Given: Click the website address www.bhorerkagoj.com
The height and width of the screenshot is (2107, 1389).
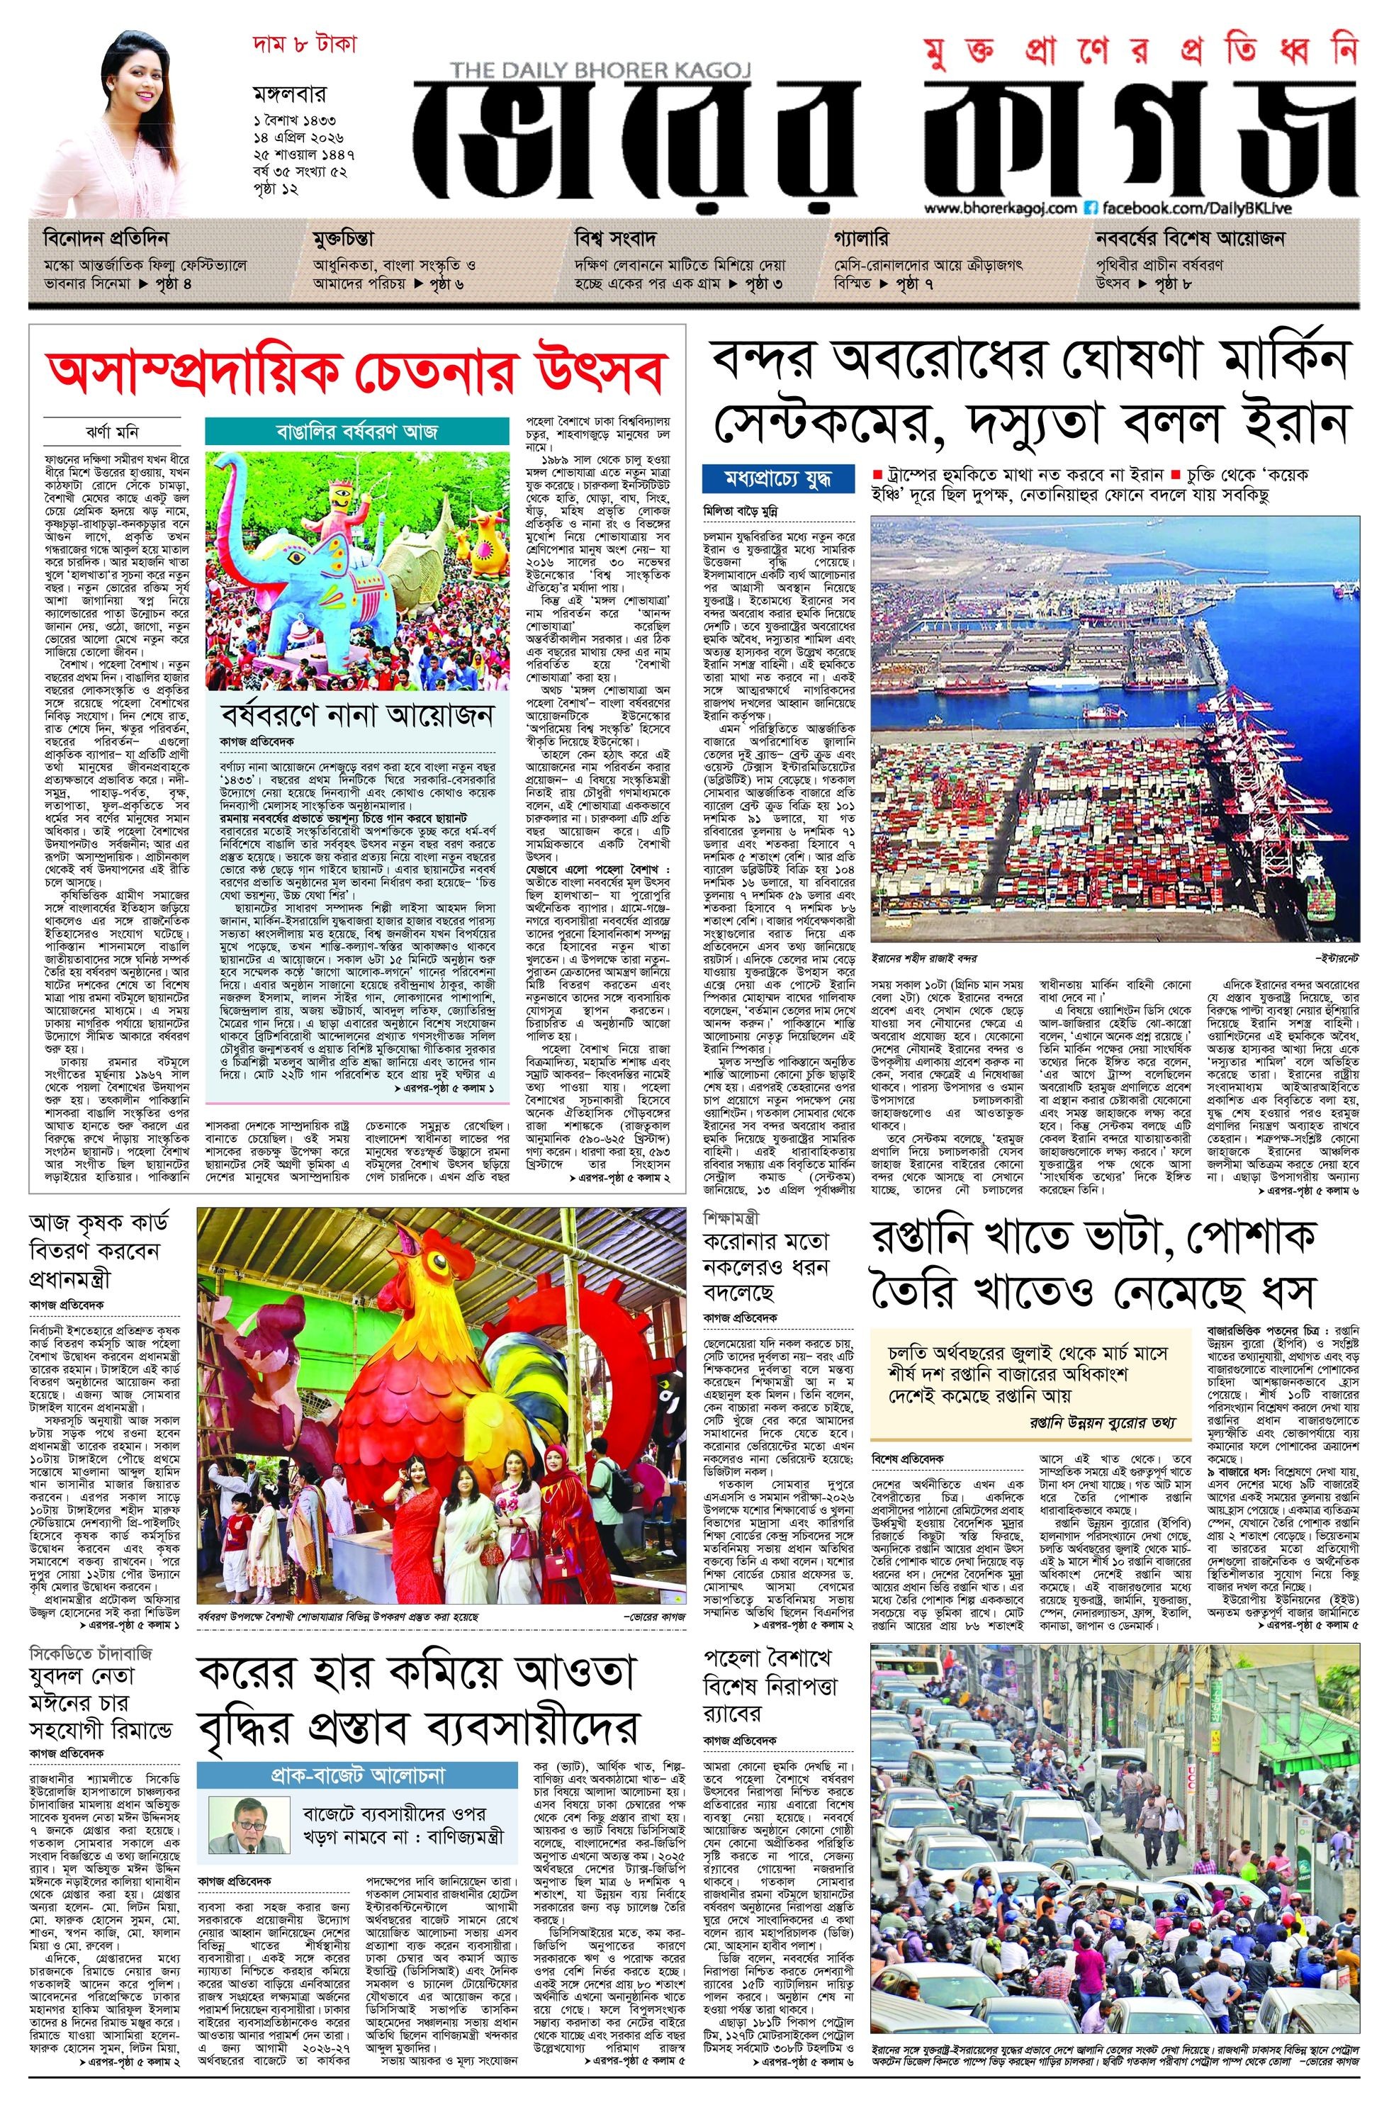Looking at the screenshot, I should tap(1000, 208).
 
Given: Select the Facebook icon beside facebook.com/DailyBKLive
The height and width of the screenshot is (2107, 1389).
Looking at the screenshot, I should tap(1092, 208).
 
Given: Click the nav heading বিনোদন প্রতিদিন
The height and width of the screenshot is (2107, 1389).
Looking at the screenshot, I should tap(106, 239).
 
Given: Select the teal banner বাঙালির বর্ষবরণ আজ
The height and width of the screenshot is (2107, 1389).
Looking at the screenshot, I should tap(358, 432).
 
